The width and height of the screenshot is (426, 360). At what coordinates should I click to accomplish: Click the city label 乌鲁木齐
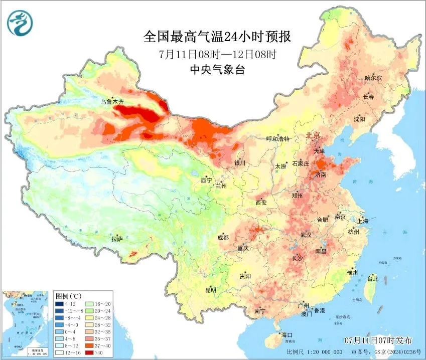coord(111,102)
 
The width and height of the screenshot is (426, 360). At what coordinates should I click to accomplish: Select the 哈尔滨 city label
coord(373,78)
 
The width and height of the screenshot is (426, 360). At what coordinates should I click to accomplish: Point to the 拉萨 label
coord(117,238)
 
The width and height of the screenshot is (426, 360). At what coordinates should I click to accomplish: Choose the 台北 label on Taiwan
coord(373,278)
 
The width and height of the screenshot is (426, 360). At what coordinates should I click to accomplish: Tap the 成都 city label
coord(223,237)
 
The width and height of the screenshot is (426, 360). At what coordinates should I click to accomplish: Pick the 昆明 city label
coord(210,290)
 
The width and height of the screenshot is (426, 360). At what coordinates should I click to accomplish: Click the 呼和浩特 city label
coord(278,139)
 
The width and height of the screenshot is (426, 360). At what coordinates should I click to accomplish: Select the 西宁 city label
coord(206,180)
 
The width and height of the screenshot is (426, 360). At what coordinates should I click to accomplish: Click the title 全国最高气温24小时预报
coord(217,37)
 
